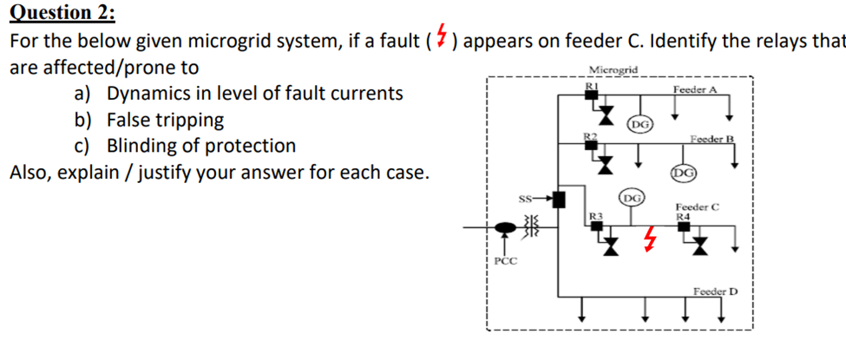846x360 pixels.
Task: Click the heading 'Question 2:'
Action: click(61, 13)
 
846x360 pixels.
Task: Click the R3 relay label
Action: click(595, 214)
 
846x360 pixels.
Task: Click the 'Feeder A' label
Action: click(694, 89)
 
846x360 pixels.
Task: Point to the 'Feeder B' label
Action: click(712, 139)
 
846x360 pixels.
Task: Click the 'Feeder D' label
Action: click(715, 291)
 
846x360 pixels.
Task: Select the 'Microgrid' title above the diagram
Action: click(613, 69)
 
